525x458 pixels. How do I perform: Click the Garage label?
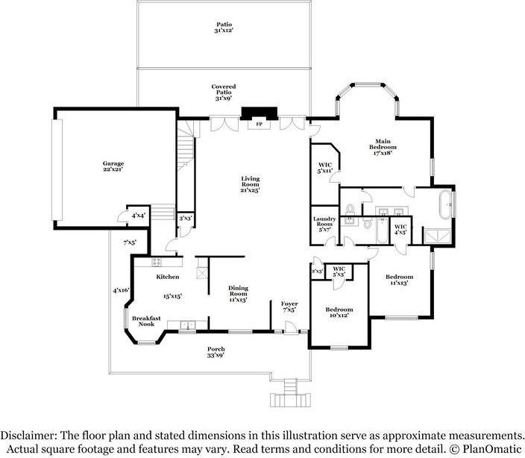[113, 166]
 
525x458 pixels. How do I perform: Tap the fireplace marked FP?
[260, 123]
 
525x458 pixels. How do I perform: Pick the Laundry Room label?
[324, 224]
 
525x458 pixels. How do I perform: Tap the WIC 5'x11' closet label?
[324, 168]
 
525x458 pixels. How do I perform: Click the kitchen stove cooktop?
[157, 262]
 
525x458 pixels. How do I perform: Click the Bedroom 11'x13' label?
[400, 280]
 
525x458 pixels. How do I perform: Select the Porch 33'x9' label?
[216, 352]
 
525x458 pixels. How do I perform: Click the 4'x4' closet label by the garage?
[138, 216]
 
